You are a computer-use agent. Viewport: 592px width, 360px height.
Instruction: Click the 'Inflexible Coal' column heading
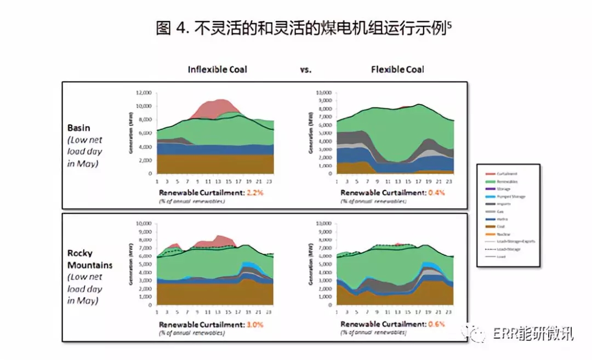[217, 70]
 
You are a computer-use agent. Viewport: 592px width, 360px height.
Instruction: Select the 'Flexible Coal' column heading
[397, 70]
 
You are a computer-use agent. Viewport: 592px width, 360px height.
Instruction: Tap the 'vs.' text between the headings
[306, 70]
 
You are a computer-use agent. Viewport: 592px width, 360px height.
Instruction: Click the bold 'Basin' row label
[79, 128]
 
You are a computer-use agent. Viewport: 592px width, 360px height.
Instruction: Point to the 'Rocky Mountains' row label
[90, 259]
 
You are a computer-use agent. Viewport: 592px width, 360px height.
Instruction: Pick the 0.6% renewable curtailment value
[434, 324]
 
